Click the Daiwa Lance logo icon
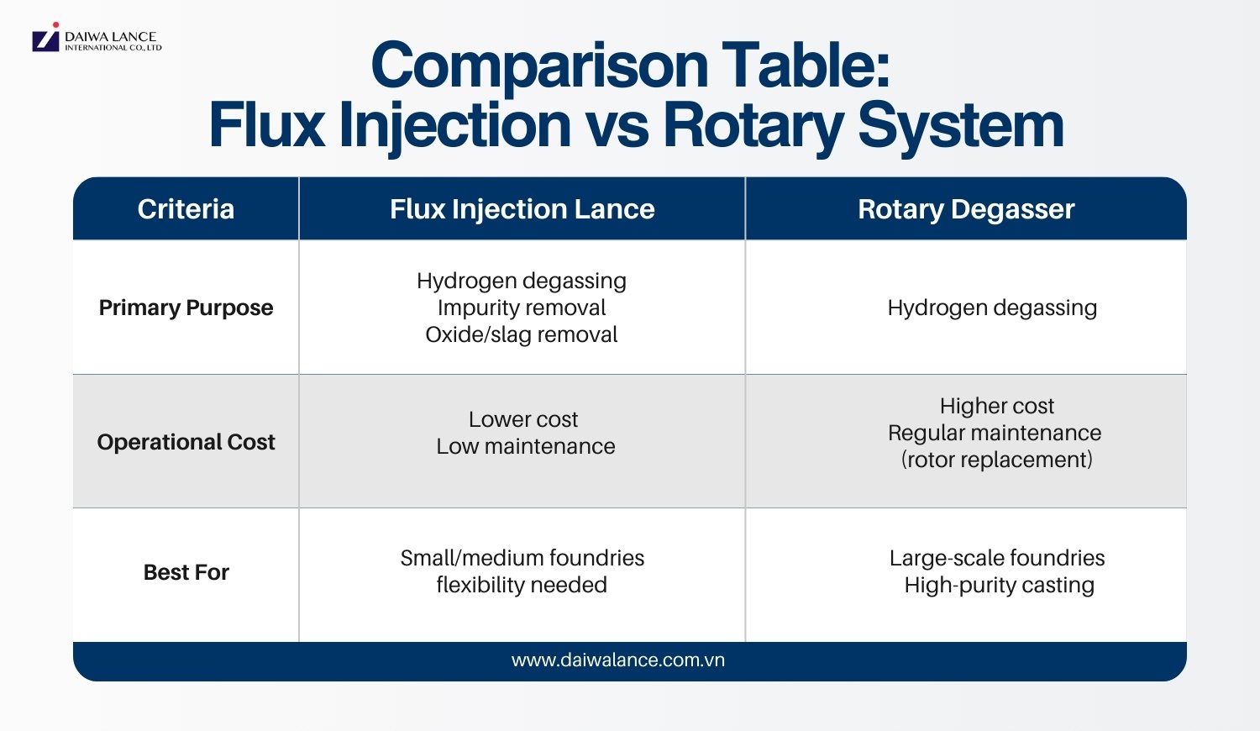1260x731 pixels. tap(45, 39)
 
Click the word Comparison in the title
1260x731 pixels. tap(540, 66)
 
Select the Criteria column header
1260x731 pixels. tap(186, 209)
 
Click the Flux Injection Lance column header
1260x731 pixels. tap(522, 209)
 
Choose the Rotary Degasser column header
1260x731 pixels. tap(966, 209)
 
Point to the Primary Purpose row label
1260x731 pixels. tap(186, 308)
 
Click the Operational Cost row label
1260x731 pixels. tap(186, 442)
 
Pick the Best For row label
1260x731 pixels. tap(186, 572)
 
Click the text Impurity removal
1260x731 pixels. tap(522, 308)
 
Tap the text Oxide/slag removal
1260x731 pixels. tap(522, 334)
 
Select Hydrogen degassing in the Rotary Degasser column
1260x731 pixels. tap(992, 308)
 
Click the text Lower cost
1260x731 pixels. tap(523, 419)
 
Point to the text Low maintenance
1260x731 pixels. tap(526, 446)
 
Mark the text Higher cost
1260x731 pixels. tap(997, 406)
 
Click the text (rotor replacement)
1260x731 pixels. tap(997, 460)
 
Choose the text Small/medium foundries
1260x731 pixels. tap(522, 558)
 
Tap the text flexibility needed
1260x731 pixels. tap(522, 585)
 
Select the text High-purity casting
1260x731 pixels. tap(1000, 585)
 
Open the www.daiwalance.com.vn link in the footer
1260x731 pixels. tap(618, 660)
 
